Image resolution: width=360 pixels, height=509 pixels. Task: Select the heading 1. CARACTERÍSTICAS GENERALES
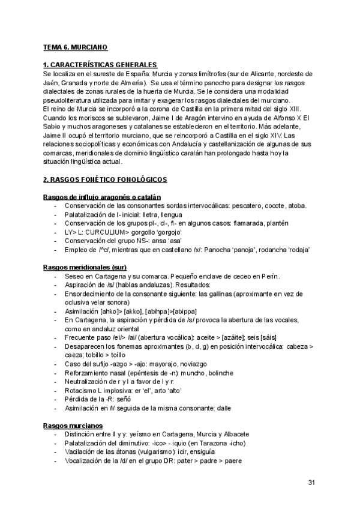click(100, 64)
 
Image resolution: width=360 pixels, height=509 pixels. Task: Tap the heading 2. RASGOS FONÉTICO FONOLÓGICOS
click(105, 179)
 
